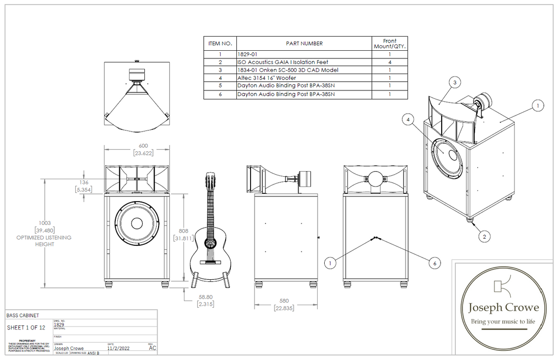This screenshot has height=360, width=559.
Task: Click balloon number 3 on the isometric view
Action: [455, 82]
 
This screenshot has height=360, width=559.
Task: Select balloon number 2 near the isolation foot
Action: [485, 236]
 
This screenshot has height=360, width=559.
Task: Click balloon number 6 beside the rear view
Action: [434, 263]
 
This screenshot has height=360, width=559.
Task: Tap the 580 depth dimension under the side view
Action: [284, 301]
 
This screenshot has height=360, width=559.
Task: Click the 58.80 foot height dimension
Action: [206, 297]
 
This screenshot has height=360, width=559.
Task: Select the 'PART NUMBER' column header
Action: [304, 44]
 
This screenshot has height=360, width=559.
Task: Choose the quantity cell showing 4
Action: [389, 62]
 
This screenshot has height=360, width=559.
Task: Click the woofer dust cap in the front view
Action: [136, 224]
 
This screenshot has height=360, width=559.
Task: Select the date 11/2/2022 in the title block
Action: [118, 348]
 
